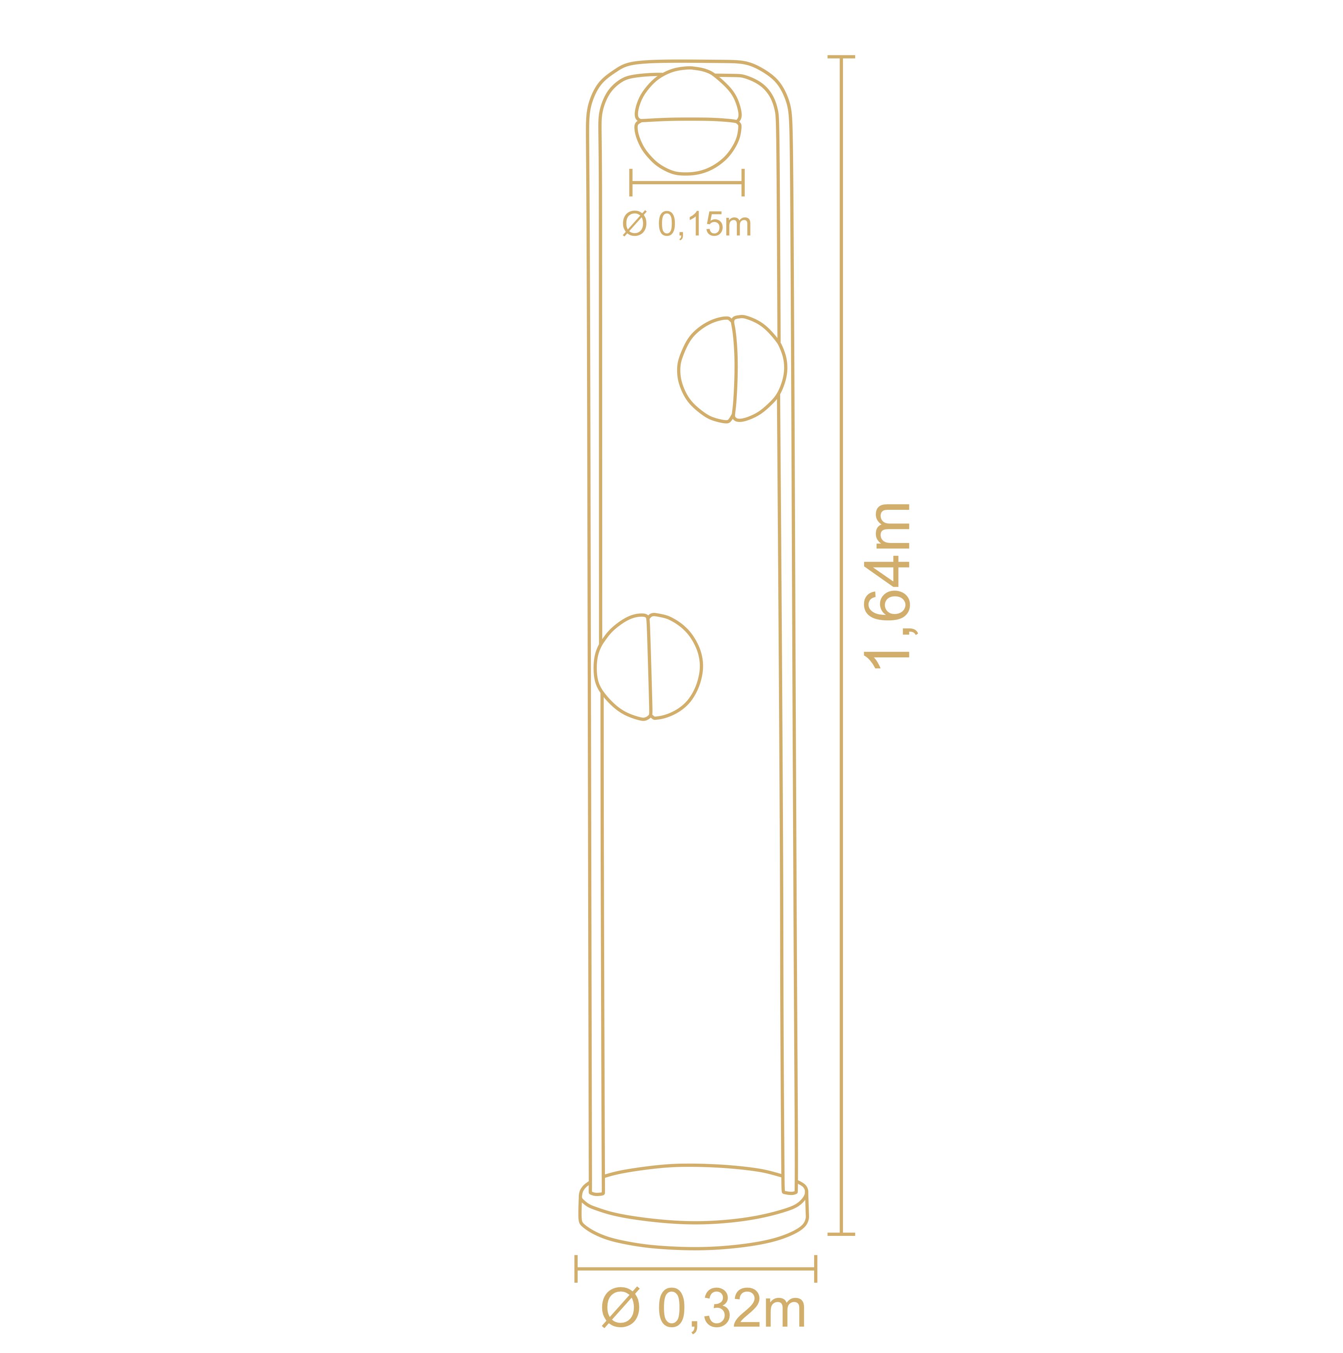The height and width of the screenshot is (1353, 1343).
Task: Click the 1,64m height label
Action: pos(888,586)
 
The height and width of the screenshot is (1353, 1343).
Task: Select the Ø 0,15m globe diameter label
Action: pos(686,224)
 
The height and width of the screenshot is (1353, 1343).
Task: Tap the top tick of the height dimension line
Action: pos(841,57)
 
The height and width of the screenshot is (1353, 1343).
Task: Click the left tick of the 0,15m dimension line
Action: pos(631,183)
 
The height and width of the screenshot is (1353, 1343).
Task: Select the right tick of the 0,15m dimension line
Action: pos(743,183)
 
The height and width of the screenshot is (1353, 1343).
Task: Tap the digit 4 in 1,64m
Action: pos(888,573)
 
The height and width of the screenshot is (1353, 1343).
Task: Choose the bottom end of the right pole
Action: pos(789,1189)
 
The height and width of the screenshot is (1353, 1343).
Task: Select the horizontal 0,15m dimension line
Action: pos(687,183)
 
